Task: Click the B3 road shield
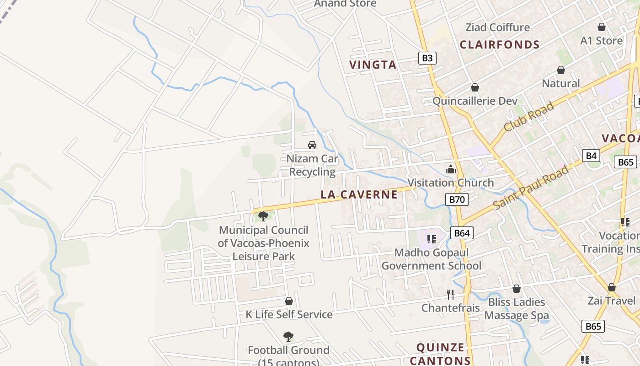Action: (x=427, y=58)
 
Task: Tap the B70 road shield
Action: (x=457, y=199)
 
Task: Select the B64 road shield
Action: (x=462, y=233)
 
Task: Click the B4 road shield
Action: (x=591, y=156)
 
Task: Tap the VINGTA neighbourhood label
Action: (x=373, y=65)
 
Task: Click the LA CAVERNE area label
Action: (x=359, y=194)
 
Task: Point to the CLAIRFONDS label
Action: (x=500, y=44)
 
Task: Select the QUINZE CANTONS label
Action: (x=440, y=354)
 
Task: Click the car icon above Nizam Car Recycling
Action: (x=312, y=145)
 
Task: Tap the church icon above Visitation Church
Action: (x=451, y=169)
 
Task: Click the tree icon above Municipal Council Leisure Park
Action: (x=263, y=216)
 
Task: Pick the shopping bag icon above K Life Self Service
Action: (x=289, y=301)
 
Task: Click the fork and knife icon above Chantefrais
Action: (x=450, y=294)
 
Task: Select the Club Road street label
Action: (x=529, y=117)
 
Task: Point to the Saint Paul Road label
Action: (x=531, y=187)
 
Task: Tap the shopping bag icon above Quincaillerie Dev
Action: (x=475, y=87)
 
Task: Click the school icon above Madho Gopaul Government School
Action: (x=431, y=239)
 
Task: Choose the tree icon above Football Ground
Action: (x=288, y=337)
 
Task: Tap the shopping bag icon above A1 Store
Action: (x=602, y=27)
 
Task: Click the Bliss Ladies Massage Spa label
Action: (x=517, y=309)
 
